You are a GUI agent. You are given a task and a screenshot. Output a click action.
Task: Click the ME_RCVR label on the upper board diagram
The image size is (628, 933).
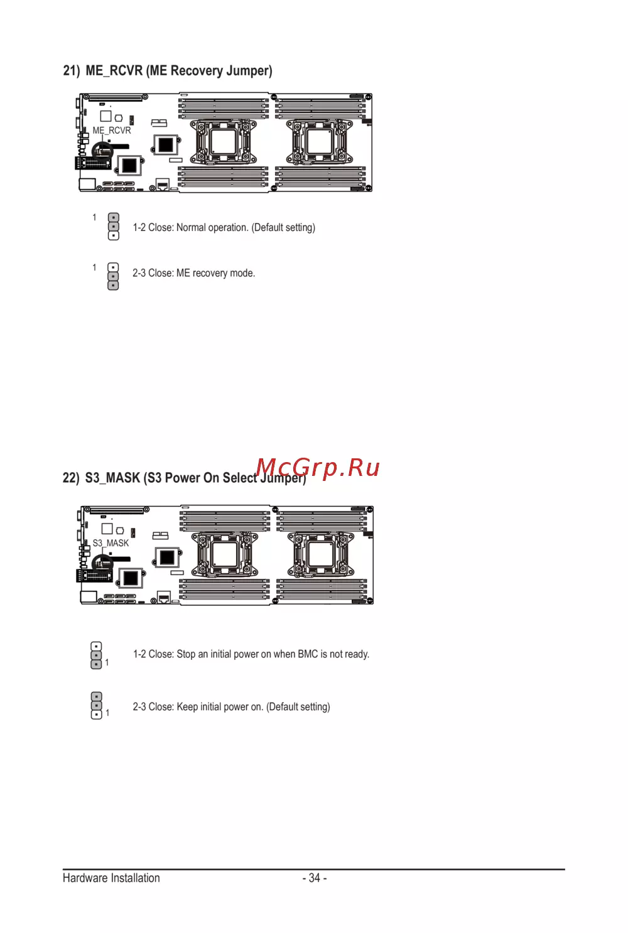[112, 131]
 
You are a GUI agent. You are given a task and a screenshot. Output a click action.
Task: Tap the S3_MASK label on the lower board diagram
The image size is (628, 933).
[111, 542]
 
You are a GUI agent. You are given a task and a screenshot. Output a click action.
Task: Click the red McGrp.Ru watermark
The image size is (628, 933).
[318, 467]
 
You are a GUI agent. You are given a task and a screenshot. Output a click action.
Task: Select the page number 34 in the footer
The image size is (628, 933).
[314, 878]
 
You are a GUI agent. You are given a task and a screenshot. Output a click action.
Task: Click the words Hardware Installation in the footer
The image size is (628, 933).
[111, 878]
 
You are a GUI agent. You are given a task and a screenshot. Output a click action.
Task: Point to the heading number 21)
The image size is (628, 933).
[71, 70]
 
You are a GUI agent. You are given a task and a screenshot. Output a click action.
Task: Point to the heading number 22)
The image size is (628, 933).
[71, 477]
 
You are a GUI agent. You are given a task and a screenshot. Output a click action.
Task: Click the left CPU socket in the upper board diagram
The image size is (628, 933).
[224, 141]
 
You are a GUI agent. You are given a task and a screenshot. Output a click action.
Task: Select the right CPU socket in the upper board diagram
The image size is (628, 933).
[320, 141]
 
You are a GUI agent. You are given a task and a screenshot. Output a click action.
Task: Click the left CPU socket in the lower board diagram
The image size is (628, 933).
[225, 554]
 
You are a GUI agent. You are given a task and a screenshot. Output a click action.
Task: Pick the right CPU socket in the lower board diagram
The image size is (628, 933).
[321, 554]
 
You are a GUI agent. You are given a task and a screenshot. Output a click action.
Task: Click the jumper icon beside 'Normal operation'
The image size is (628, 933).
[113, 227]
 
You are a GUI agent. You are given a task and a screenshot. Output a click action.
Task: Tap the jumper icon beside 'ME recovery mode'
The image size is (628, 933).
[113, 276]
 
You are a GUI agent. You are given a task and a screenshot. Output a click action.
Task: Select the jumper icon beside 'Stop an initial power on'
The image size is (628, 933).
[96, 655]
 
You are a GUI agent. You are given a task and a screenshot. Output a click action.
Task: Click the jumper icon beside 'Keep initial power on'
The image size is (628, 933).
[96, 706]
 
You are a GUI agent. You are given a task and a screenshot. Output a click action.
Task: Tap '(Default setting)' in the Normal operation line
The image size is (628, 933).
[283, 227]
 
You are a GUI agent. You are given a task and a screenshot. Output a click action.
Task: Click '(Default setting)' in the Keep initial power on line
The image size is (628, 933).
[298, 706]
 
